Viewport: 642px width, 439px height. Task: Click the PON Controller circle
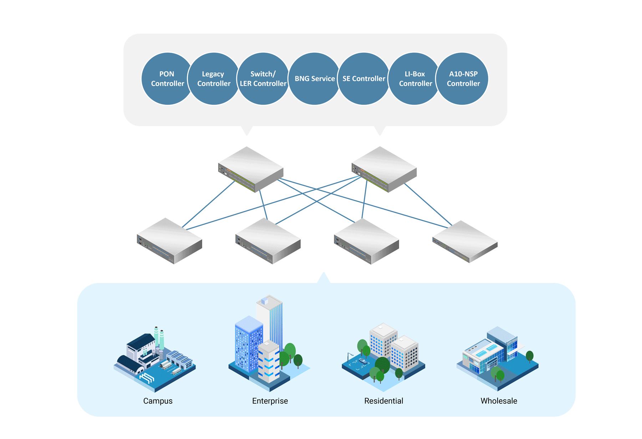[167, 79]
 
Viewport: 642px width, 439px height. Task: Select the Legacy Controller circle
[213, 79]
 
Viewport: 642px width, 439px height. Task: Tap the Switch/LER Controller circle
[263, 79]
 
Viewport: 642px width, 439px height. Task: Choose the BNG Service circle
[314, 79]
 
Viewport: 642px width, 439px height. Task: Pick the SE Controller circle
[363, 79]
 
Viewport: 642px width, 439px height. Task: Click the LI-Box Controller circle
[415, 79]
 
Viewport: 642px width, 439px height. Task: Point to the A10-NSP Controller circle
[463, 79]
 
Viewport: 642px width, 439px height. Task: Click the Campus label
[158, 401]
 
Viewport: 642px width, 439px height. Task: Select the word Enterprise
[270, 401]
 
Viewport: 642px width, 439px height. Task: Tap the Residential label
[383, 401]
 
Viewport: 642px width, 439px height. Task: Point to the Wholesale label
[499, 401]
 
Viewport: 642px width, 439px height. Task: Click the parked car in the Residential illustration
[363, 362]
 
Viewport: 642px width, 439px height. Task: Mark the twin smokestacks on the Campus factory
[159, 337]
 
